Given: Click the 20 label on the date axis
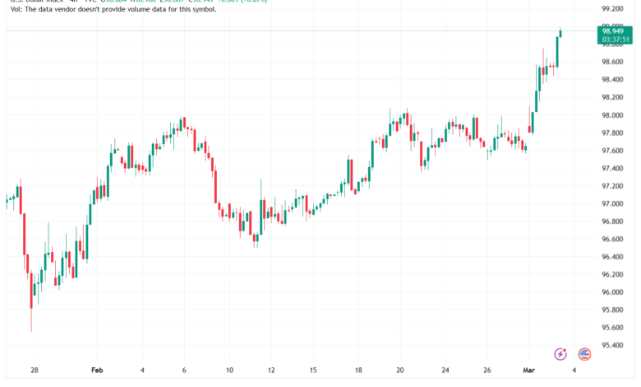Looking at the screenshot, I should pos(400,371).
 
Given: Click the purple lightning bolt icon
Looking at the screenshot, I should pos(560,354).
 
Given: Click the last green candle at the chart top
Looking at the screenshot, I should pos(560,33).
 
